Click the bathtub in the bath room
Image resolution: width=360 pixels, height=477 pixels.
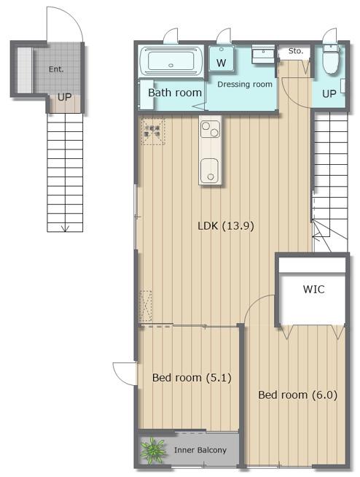(x=171, y=61)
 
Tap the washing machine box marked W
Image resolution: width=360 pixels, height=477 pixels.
(x=222, y=59)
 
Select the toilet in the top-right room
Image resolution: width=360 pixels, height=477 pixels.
(x=331, y=59)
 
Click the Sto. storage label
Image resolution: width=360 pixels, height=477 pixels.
(x=296, y=51)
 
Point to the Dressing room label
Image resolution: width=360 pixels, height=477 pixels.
(x=245, y=85)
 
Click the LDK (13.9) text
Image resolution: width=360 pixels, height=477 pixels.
(x=226, y=226)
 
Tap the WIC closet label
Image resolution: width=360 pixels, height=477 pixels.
(x=314, y=289)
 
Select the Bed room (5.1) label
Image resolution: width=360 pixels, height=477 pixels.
(x=192, y=378)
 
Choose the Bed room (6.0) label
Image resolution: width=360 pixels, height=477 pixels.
(x=297, y=395)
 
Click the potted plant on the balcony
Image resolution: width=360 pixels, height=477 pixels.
(x=153, y=451)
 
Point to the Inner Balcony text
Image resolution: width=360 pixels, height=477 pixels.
(x=200, y=450)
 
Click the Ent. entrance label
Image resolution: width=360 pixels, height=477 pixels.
(x=56, y=69)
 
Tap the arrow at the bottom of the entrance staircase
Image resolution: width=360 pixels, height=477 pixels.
(x=65, y=228)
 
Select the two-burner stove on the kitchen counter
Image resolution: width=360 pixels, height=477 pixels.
(x=211, y=129)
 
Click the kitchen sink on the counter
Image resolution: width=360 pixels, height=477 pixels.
(x=209, y=171)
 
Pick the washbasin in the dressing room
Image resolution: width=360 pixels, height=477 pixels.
(x=263, y=54)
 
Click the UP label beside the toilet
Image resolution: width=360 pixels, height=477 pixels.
(x=329, y=93)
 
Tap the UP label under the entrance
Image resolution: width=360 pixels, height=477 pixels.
(x=65, y=97)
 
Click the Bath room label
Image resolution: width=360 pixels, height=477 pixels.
(x=175, y=93)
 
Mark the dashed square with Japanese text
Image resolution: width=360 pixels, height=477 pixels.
(x=153, y=131)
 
